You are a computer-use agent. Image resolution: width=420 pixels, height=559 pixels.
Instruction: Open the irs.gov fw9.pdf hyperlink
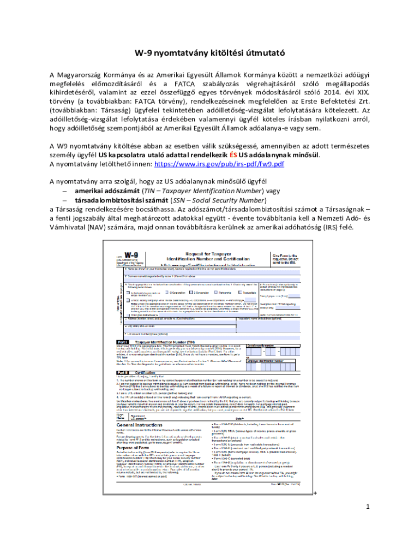point(219,164)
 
